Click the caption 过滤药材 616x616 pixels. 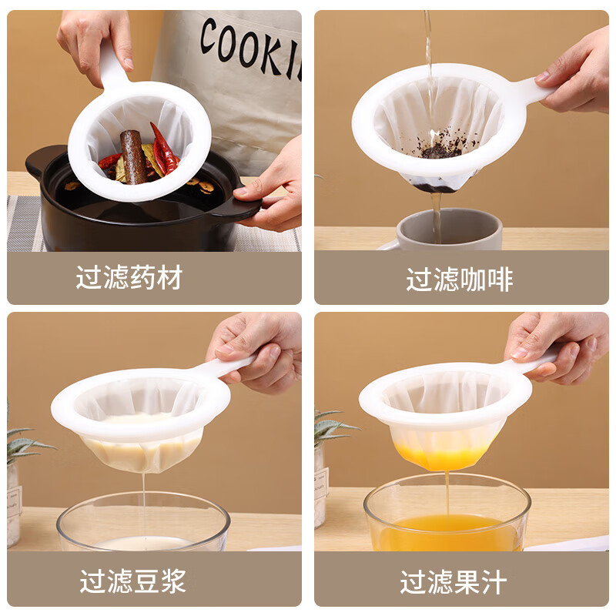129,278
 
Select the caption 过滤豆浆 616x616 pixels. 132,581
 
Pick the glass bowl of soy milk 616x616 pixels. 143,527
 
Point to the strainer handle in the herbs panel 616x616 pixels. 112,62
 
